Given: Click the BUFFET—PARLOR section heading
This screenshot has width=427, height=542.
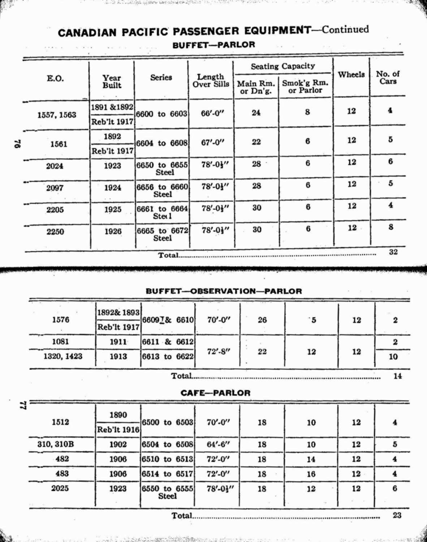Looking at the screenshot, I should pyautogui.click(x=213, y=45).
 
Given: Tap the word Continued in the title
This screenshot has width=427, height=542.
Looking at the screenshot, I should pyautogui.click(x=345, y=29).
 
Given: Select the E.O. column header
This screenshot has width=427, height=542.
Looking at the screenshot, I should pyautogui.click(x=55, y=78).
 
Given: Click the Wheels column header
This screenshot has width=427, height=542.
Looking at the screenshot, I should pyautogui.click(x=351, y=74).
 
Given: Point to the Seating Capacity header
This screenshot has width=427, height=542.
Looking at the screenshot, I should pyautogui.click(x=283, y=66).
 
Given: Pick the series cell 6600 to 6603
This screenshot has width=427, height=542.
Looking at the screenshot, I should pyautogui.click(x=161, y=114).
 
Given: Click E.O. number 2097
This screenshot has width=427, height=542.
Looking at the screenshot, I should pyautogui.click(x=55, y=188).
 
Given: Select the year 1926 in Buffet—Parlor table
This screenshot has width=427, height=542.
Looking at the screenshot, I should pyautogui.click(x=113, y=231).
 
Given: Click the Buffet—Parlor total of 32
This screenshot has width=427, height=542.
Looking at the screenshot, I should pyautogui.click(x=393, y=252).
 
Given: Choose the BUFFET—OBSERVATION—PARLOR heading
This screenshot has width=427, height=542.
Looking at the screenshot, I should pyautogui.click(x=224, y=291).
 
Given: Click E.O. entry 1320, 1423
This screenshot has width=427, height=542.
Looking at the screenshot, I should pyautogui.click(x=63, y=356).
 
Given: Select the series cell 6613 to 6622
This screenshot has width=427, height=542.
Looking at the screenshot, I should pyautogui.click(x=168, y=357).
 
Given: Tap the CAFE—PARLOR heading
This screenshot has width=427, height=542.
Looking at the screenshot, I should pyautogui.click(x=215, y=393).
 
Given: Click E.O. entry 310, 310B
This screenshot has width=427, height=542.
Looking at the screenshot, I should pyautogui.click(x=56, y=444).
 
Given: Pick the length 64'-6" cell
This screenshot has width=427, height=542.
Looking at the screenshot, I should pyautogui.click(x=218, y=444).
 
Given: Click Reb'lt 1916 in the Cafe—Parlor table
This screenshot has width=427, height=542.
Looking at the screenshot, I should pyautogui.click(x=118, y=430).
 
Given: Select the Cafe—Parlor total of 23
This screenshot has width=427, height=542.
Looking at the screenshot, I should pyautogui.click(x=397, y=515).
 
